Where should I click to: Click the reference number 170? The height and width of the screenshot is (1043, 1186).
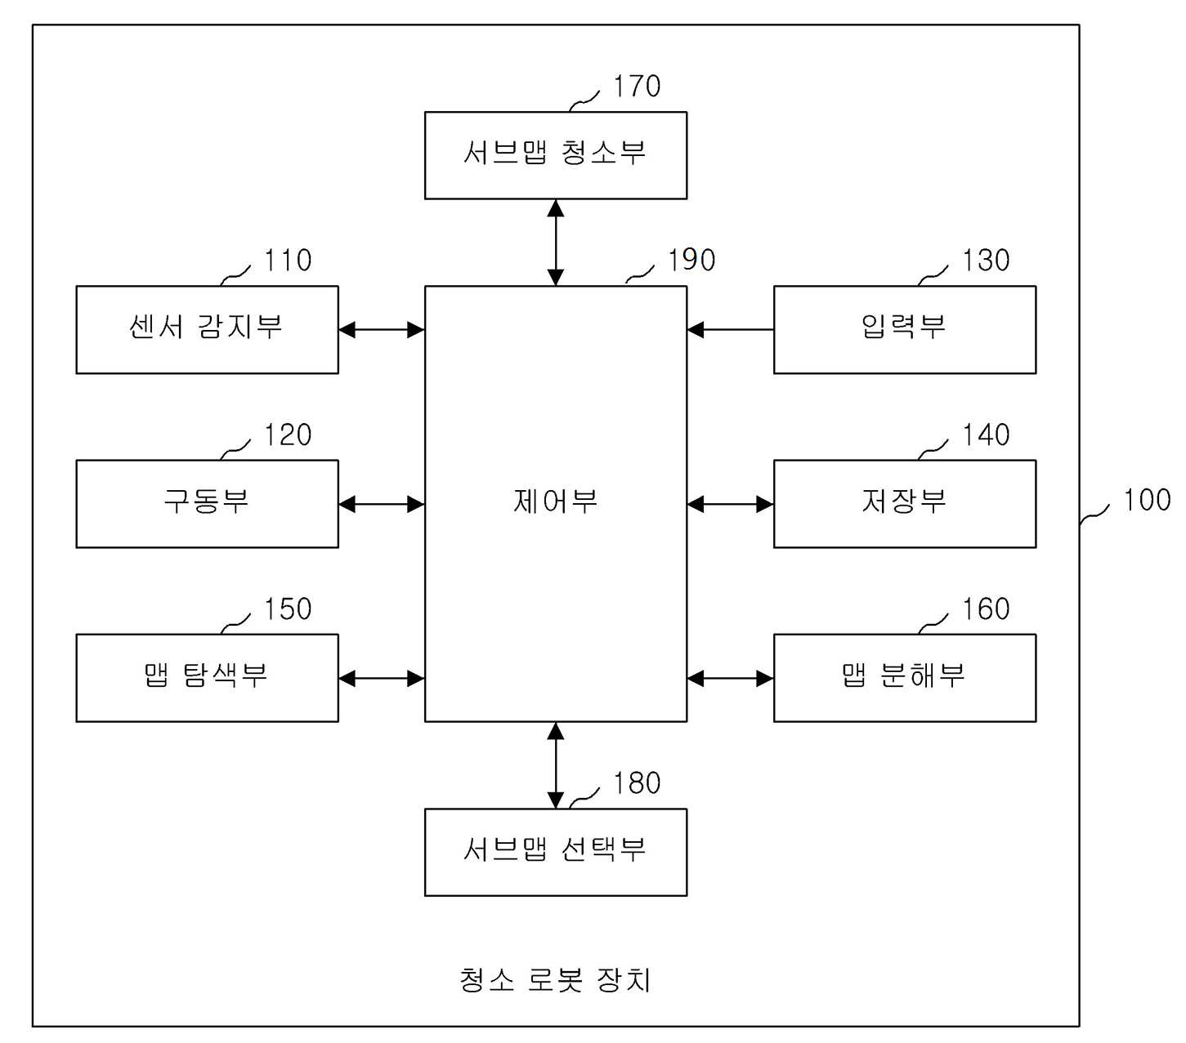[636, 86]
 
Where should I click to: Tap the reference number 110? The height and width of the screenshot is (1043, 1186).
[288, 260]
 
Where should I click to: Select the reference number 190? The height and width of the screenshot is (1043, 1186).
[691, 260]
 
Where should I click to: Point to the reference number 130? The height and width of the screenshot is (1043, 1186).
[987, 260]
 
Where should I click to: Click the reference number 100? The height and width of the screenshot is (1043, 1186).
[1147, 500]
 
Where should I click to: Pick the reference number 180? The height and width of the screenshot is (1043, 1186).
[636, 782]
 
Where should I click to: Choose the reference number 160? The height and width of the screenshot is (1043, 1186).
[987, 609]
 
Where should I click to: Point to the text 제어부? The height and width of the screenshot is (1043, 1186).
[556, 501]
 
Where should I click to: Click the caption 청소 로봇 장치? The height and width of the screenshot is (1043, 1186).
[555, 979]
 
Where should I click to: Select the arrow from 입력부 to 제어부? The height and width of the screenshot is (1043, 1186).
[731, 330]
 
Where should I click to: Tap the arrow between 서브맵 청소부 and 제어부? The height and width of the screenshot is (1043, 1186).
[556, 243]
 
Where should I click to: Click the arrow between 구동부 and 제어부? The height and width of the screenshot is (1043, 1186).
[382, 504]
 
